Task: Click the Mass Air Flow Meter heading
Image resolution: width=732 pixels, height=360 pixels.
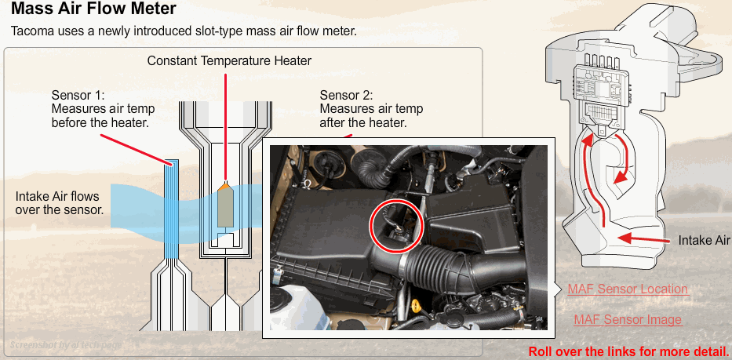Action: coord(93,9)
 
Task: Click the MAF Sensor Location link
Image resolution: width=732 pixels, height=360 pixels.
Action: coord(628,289)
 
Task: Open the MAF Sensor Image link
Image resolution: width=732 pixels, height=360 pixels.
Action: coord(628,320)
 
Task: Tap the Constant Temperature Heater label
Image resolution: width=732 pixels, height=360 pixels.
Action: coord(229,60)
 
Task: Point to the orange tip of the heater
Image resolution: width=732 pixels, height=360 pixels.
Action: coord(225,186)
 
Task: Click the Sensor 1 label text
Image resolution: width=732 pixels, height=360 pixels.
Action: coord(104,109)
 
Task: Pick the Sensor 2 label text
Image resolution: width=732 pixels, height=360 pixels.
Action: coord(371,109)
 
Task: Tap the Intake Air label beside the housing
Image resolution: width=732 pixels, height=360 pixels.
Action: coord(704,241)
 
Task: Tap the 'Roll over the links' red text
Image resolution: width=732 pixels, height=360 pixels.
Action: coord(628,351)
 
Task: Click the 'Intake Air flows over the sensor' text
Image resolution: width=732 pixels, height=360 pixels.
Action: coord(60,202)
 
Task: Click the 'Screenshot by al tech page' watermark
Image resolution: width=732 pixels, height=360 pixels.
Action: coord(66,345)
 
